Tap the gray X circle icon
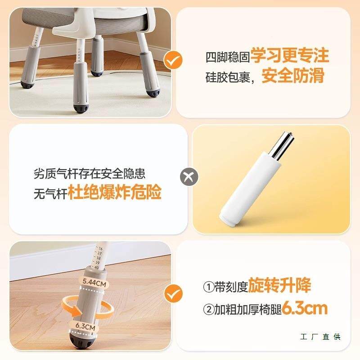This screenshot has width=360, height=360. pos(189,176)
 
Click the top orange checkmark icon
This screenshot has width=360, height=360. pos(172,59)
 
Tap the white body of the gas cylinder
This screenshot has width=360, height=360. pos(250,189)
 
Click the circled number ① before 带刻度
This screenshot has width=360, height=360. pos(208,287)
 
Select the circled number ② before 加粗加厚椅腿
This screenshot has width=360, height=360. pos(208,310)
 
